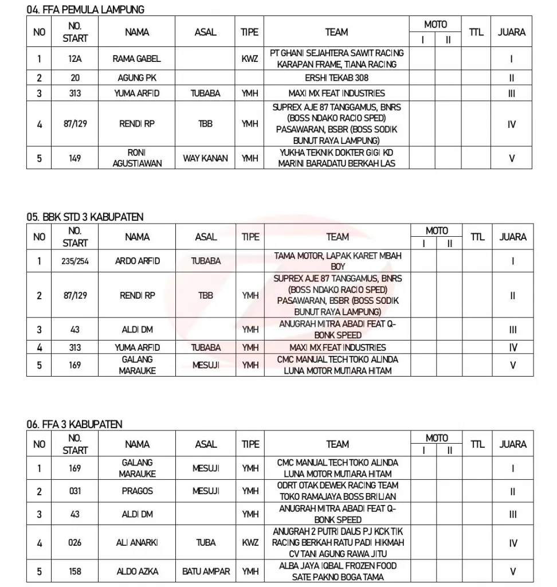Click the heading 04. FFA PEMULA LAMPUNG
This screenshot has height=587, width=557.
85,10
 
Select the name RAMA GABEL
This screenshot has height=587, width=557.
137,58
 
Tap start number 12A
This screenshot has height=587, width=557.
75,58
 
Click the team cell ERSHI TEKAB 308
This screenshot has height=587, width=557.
337,78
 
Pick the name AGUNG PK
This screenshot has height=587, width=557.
137,78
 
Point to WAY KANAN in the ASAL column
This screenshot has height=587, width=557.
206,158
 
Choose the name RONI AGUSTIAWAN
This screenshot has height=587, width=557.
137,158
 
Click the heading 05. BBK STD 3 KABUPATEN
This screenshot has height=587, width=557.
85,217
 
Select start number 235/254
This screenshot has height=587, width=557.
75,261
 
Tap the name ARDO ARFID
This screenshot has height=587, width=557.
137,261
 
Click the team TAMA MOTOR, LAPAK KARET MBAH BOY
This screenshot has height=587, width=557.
337,261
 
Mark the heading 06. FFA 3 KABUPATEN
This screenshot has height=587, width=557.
74,424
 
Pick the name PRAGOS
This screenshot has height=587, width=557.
137,491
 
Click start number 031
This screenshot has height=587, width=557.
75,491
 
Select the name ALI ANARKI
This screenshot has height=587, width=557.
137,543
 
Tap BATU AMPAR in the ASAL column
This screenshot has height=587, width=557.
206,572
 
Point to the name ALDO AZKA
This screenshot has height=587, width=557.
137,572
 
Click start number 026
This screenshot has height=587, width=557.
75,543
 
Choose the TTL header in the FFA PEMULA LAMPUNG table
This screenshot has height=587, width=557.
476,32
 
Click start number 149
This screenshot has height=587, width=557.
75,158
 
